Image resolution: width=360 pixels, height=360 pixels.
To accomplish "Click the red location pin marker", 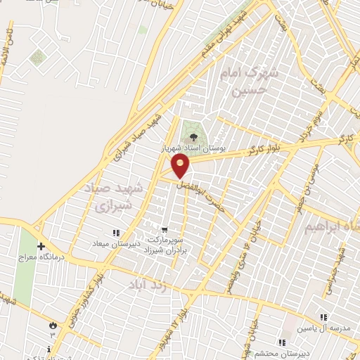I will pos(181,166).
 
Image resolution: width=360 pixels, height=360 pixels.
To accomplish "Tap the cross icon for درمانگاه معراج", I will pos(41,246).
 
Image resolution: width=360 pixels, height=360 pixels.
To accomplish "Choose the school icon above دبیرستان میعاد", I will pos(116,233).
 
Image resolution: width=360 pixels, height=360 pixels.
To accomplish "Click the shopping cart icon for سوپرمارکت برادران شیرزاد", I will pos(165,229).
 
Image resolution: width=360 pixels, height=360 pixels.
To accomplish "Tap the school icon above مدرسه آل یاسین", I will pos(323,317).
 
